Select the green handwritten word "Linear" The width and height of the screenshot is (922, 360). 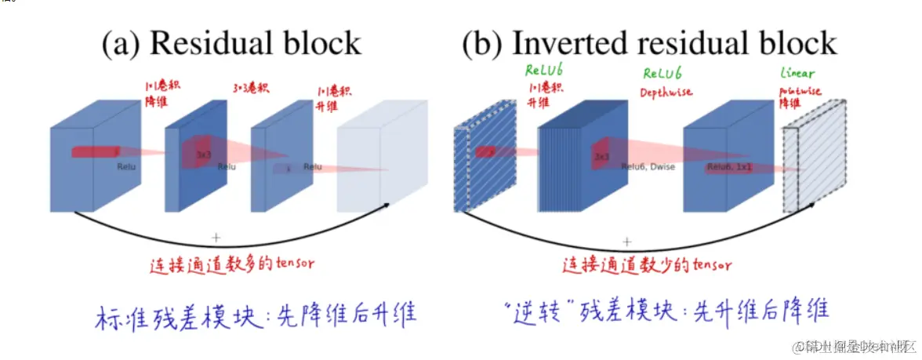tap(797, 73)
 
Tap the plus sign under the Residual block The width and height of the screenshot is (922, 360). tap(216, 236)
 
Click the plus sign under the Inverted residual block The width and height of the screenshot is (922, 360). tap(626, 242)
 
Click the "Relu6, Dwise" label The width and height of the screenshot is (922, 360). tap(648, 167)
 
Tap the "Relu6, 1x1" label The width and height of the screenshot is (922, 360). tap(728, 167)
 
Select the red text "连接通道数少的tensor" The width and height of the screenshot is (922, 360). tap(647, 265)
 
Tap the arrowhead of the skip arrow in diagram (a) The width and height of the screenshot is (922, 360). tap(387, 205)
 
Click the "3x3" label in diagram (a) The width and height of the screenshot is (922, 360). tap(204, 155)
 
